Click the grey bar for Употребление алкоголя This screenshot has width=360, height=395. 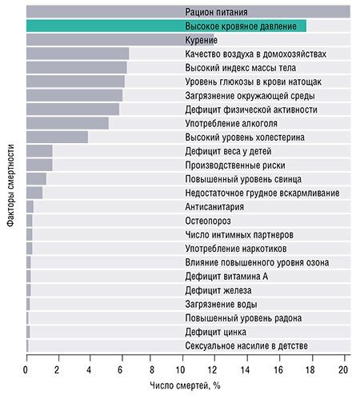coord(67,123)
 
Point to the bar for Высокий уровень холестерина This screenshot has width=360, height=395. coord(57,137)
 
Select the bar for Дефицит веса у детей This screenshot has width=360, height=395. coord(39,151)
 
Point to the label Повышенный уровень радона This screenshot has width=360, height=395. coord(238,317)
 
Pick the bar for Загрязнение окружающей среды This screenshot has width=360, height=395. coord(74,95)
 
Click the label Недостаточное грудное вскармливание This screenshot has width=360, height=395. coord(262,193)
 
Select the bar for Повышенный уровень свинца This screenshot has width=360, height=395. coord(36,179)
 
